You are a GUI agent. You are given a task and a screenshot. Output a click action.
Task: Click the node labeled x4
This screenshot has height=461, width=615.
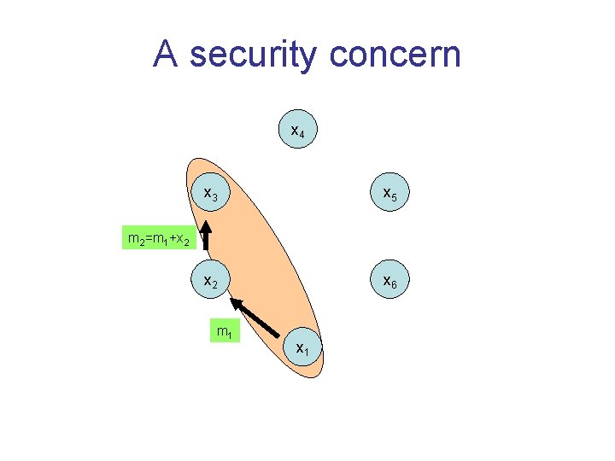pos(298,131)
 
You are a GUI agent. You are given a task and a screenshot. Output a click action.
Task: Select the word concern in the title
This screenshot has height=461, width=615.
pos(394,55)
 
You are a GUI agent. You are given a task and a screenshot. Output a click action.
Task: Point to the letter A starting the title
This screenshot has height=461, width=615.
pos(167,54)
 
